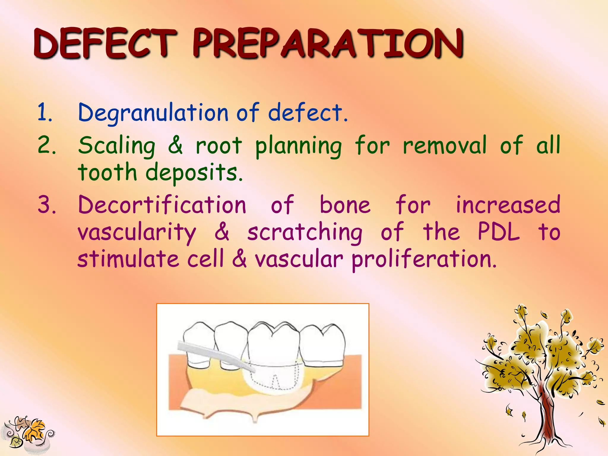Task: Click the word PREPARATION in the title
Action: [x=328, y=44]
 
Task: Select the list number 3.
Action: [x=47, y=205]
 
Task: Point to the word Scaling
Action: [x=117, y=145]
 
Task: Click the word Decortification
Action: [x=162, y=205]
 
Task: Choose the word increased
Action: [x=508, y=205]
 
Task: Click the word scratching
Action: [x=305, y=232]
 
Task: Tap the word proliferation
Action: [x=424, y=259]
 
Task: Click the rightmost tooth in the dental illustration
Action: [x=324, y=344]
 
